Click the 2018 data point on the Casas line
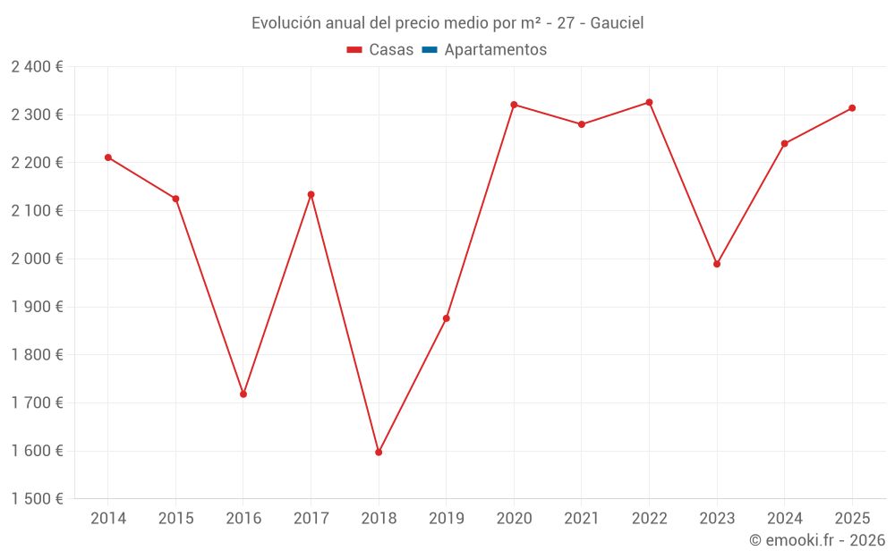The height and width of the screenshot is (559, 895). pyautogui.click(x=379, y=452)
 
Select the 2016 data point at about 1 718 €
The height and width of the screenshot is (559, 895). pyautogui.click(x=243, y=394)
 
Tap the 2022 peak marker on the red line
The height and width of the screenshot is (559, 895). pyautogui.click(x=649, y=102)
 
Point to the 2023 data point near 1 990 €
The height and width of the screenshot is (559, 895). pyautogui.click(x=717, y=264)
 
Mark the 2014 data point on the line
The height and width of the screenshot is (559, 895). pyautogui.click(x=108, y=157)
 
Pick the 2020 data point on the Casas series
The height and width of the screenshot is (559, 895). pyautogui.click(x=514, y=105)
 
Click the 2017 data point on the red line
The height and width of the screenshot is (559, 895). pyautogui.click(x=311, y=194)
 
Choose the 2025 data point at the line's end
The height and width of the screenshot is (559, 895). pyautogui.click(x=852, y=108)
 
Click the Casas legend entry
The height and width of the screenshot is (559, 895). pyautogui.click(x=391, y=50)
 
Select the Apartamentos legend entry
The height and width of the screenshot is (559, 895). pyautogui.click(x=495, y=50)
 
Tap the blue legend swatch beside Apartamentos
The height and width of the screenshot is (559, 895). pyautogui.click(x=429, y=50)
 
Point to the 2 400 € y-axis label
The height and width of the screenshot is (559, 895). pyautogui.click(x=37, y=66)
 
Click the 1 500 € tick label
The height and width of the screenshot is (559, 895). pyautogui.click(x=37, y=498)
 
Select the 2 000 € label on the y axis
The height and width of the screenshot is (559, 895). pyautogui.click(x=37, y=258)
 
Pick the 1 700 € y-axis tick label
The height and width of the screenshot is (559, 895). pyautogui.click(x=37, y=402)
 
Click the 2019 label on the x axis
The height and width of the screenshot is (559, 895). pyautogui.click(x=446, y=518)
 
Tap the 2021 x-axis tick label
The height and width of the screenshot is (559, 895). pyautogui.click(x=582, y=518)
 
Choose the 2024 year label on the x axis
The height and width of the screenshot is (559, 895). pyautogui.click(x=784, y=518)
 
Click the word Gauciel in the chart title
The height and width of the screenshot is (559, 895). pyautogui.click(x=617, y=23)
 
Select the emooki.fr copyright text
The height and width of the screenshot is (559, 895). pyautogui.click(x=816, y=540)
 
